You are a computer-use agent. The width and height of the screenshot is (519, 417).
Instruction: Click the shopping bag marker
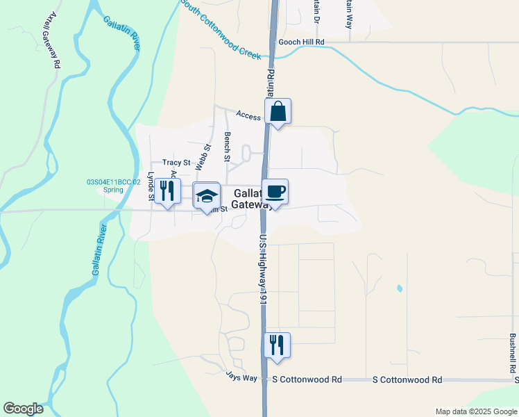coord(278,111)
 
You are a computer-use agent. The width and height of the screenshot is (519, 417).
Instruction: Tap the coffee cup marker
coord(275,192)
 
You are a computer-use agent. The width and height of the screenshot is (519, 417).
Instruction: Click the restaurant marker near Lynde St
coord(167,191)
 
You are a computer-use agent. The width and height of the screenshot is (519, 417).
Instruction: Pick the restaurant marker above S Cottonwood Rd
coord(277,345)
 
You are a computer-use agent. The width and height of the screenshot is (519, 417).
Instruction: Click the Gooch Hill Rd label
coord(301,42)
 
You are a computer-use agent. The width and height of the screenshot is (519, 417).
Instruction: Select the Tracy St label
coord(176,162)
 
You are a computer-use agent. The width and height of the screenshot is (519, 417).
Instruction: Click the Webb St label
coord(203,157)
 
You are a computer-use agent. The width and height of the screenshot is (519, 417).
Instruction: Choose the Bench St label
coord(227,147)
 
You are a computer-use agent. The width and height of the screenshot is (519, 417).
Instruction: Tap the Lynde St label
coord(151,186)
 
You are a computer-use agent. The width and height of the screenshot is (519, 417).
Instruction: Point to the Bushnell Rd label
coord(512,353)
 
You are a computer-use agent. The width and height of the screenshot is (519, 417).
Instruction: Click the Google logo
coord(23,409)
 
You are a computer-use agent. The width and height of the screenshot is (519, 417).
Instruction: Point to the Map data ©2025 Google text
coord(475,411)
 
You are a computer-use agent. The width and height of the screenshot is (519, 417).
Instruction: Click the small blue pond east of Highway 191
coord(399,288)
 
